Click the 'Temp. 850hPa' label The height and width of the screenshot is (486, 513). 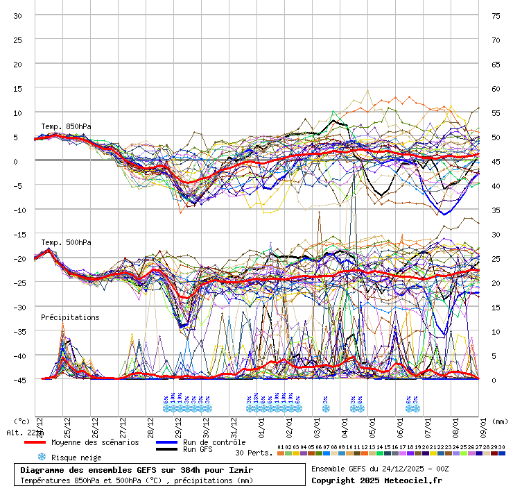(66, 126)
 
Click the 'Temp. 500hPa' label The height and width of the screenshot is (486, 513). (66, 242)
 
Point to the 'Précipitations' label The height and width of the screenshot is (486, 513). (70, 317)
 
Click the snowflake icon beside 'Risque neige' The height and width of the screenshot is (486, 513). (41, 457)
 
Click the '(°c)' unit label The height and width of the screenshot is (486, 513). (22, 421)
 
